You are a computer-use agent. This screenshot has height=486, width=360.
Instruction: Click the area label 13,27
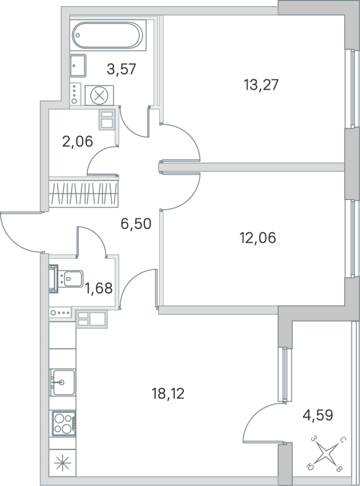click(x=260, y=85)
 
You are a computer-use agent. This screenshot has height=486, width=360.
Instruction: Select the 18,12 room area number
click(x=168, y=394)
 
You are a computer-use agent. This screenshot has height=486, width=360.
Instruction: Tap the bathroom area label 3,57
click(x=121, y=69)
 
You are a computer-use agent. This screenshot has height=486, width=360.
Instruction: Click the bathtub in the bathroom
click(x=109, y=35)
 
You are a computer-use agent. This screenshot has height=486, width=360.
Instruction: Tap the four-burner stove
click(x=62, y=422)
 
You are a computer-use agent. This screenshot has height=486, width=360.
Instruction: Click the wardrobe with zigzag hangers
click(x=84, y=193)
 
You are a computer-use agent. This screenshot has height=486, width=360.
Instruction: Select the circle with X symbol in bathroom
click(x=99, y=95)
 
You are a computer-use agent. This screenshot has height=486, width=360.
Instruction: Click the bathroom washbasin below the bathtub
click(x=78, y=63)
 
